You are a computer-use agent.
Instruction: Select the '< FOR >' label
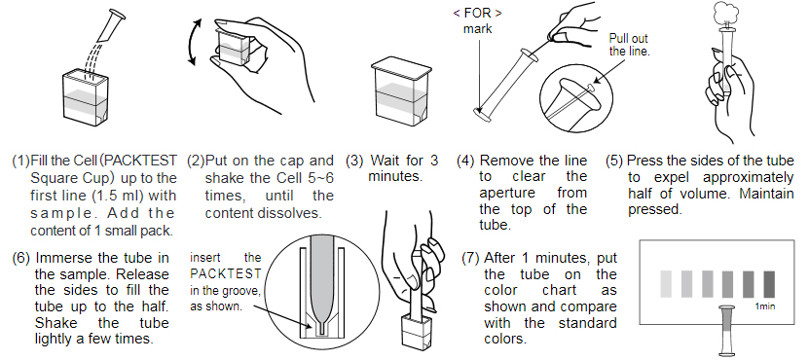coord(478,13)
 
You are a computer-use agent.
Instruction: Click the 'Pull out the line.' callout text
coord(629,44)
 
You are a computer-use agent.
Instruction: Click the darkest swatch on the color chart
coord(769,283)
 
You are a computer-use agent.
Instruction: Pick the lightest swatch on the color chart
coord(667,283)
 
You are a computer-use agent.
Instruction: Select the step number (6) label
coord(19,258)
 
